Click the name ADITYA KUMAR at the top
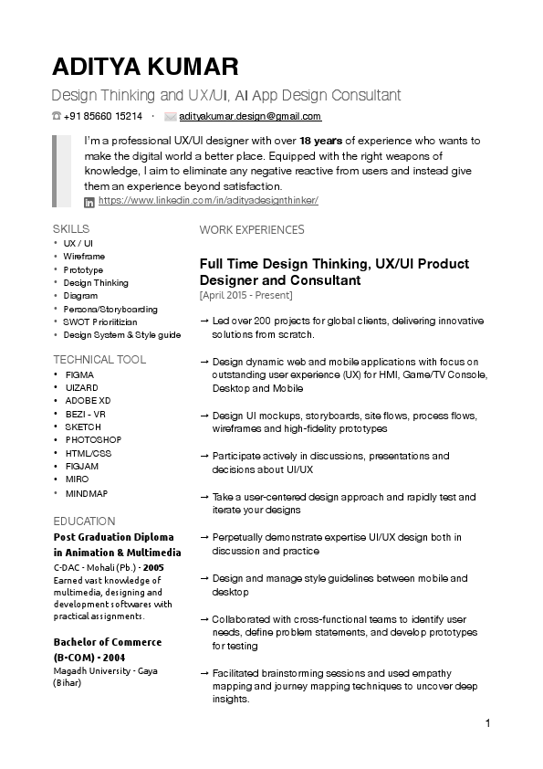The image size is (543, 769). pyautogui.click(x=145, y=67)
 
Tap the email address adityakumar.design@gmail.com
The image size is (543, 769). pyautogui.click(x=250, y=117)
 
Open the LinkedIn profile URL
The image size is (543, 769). pyautogui.click(x=208, y=200)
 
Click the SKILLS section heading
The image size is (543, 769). pyautogui.click(x=71, y=228)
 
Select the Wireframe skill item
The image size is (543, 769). pyautogui.click(x=84, y=257)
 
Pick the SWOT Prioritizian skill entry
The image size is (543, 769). pyautogui.click(x=100, y=322)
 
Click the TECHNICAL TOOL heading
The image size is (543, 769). pyautogui.click(x=99, y=359)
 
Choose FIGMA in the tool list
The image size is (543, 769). pyautogui.click(x=80, y=374)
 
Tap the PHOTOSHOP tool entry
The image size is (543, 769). pyautogui.click(x=93, y=440)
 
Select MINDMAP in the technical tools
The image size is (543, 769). pyautogui.click(x=87, y=493)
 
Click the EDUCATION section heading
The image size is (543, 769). pyautogui.click(x=84, y=521)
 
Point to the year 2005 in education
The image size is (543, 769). pyautogui.click(x=168, y=567)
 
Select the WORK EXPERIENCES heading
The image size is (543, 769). pyautogui.click(x=252, y=230)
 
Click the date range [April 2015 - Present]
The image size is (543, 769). pyautogui.click(x=245, y=295)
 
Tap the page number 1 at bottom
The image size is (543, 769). pyautogui.click(x=488, y=724)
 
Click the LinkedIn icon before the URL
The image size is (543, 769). pyautogui.click(x=89, y=201)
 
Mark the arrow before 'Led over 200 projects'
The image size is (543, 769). pyautogui.click(x=204, y=321)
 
